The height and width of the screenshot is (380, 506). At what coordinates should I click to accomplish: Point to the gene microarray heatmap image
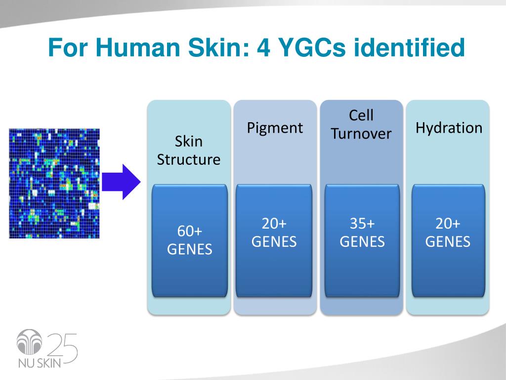pos(54,183)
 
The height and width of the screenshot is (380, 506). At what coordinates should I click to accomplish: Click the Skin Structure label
pos(189,150)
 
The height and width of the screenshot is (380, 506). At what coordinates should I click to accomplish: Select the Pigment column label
pos(275,128)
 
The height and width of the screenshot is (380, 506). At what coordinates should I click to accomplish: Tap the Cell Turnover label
pos(361,125)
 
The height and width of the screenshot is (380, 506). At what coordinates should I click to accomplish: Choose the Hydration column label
pos(449,128)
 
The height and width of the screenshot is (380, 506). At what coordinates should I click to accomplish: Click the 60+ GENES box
pos(190,241)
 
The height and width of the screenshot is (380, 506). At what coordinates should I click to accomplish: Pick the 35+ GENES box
pos(362,241)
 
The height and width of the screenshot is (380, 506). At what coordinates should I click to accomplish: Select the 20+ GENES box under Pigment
pos(274,241)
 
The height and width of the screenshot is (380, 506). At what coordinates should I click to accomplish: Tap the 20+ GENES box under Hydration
pos(448,241)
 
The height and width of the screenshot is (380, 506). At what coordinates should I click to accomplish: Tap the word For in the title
pos(66,48)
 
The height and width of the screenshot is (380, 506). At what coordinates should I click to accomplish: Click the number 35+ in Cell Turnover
pos(362,224)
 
